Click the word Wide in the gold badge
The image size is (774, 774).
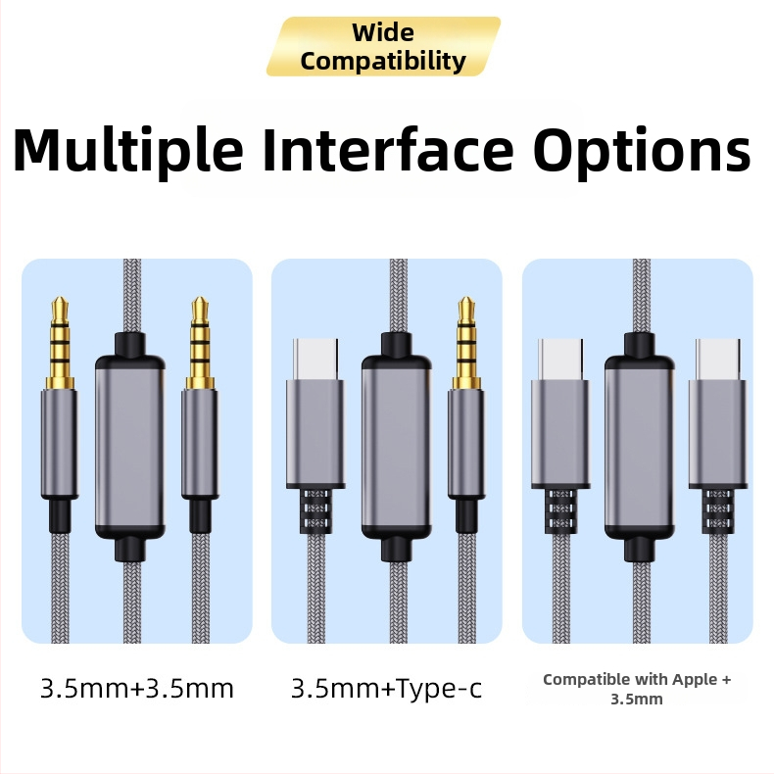(x=383, y=33)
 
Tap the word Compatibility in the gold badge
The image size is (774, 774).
(x=383, y=61)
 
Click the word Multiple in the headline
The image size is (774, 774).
(x=128, y=149)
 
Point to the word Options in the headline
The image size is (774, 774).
(x=642, y=150)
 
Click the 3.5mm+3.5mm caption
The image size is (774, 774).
(x=137, y=689)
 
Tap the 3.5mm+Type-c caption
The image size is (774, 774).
(x=386, y=689)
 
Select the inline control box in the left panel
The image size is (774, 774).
(x=130, y=448)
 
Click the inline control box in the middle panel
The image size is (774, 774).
(x=397, y=448)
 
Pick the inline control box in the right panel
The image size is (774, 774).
(x=639, y=448)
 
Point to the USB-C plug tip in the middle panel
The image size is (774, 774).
(x=315, y=360)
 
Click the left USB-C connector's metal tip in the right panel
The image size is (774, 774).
(x=560, y=360)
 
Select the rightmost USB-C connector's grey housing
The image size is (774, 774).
(x=718, y=434)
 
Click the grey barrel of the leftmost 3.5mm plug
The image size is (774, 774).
(x=60, y=444)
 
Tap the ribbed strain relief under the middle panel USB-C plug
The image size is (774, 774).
(x=315, y=511)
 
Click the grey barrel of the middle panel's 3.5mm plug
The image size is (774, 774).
(x=466, y=444)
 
